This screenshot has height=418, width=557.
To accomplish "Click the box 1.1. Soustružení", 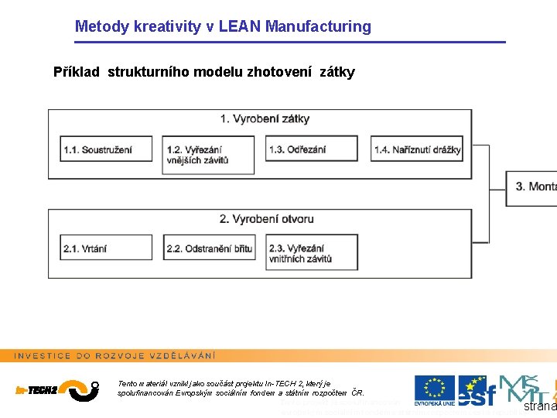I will coord(107,149).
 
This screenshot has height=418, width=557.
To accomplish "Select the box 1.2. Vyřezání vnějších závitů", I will coord(208,155).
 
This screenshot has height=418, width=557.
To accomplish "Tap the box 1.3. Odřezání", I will coord(312,149).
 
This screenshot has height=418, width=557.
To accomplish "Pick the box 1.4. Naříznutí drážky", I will coord(417,149).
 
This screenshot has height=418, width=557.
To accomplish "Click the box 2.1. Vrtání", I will coord(107,248).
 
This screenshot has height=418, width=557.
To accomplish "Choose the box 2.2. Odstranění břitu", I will coord(208,248).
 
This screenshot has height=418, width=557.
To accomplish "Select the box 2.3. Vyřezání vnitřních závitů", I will coord(312,254).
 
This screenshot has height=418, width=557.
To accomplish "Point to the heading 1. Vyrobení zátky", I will coord(265,118).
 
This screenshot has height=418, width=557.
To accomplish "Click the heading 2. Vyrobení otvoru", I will coord(265,219).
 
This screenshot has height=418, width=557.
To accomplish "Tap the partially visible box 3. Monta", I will coord(533,187).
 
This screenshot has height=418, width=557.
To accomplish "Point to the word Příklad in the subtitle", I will coord(77,73).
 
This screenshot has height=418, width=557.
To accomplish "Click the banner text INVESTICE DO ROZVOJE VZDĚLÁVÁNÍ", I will coord(115,355).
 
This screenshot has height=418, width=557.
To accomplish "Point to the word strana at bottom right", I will coord(540,406).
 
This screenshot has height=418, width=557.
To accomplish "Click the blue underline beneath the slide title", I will coord(290,42).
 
